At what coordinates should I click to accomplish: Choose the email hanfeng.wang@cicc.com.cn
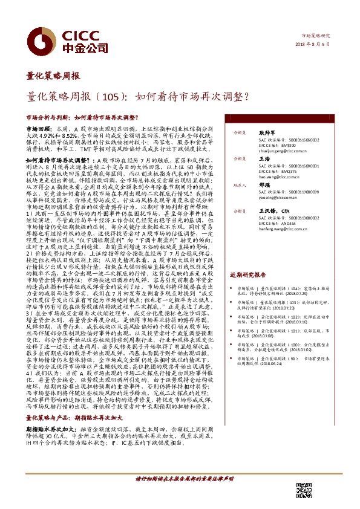pos(264,230)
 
